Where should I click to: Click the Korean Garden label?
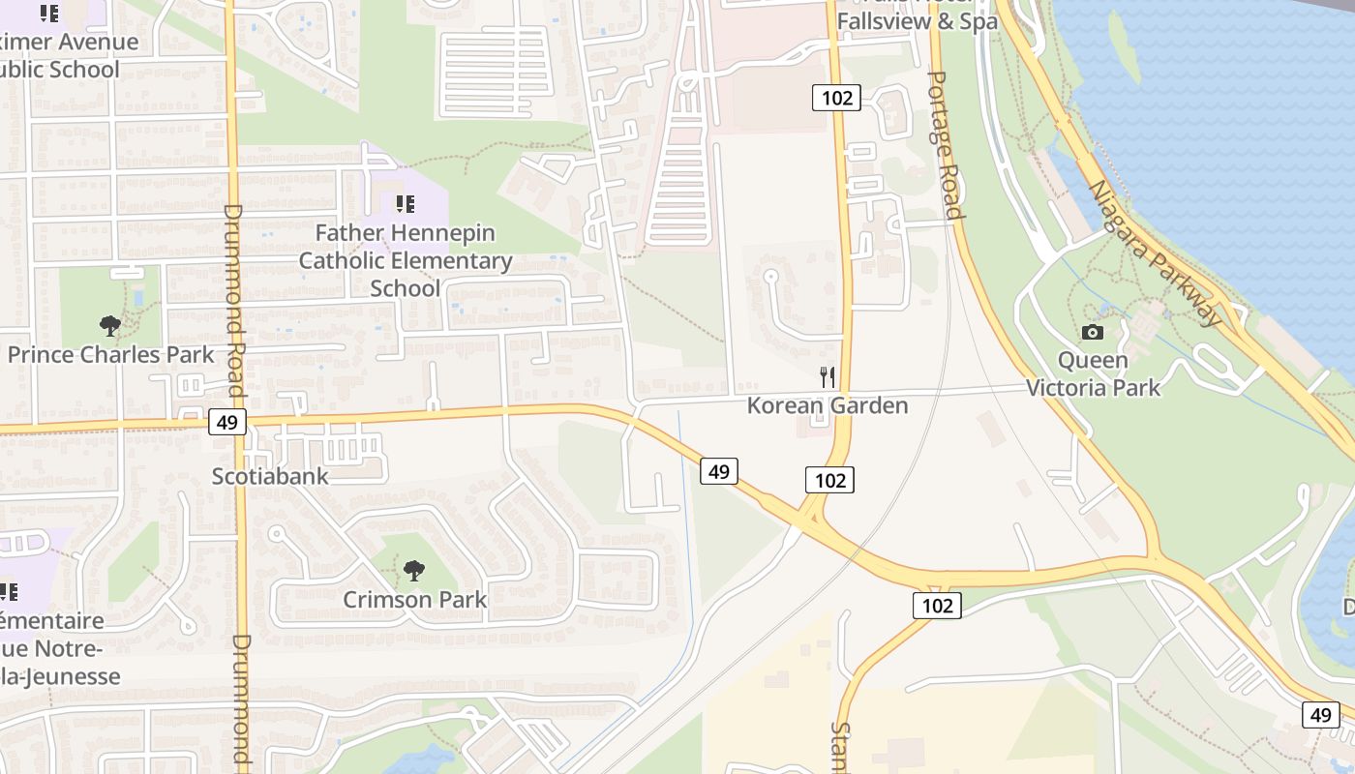[828, 405]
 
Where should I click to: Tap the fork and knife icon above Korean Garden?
[828, 376]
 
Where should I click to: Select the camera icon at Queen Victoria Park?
[1093, 332]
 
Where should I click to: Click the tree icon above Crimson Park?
[414, 571]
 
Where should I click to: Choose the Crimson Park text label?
[415, 600]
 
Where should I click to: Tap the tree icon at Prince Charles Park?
[110, 326]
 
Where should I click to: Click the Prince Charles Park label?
[110, 354]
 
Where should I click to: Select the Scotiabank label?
[270, 476]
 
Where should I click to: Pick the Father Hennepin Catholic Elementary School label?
[406, 260]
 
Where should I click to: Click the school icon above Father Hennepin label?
[405, 204]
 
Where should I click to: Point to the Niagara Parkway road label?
[1156, 253]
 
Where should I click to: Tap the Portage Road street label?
[945, 145]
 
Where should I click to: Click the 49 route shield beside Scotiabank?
[227, 422]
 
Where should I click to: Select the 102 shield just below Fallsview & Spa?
[836, 98]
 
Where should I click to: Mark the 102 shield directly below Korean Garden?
[830, 480]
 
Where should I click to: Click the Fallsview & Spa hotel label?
[917, 21]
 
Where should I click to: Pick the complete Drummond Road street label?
[234, 290]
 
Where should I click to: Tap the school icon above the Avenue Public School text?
[49, 14]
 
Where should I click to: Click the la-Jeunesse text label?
[60, 676]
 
